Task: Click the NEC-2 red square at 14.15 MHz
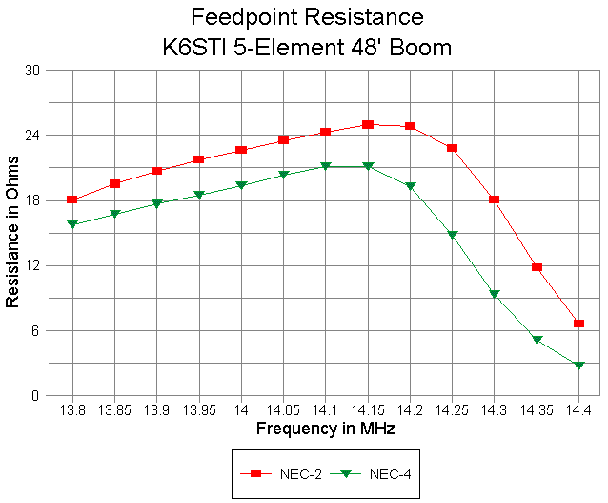click(x=368, y=124)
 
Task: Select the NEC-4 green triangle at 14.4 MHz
click(x=578, y=366)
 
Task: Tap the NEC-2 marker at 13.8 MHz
click(x=71, y=199)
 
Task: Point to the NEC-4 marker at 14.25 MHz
click(x=453, y=235)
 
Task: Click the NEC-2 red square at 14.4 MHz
click(x=578, y=324)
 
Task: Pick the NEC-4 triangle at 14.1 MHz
click(x=326, y=166)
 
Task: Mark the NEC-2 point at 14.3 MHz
click(x=495, y=199)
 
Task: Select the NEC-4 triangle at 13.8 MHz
click(x=71, y=224)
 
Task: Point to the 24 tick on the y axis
click(x=32, y=136)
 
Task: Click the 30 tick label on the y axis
click(x=32, y=71)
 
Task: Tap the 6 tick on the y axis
click(x=35, y=330)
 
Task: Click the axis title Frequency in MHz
click(x=326, y=430)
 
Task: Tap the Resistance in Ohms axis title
click(x=12, y=233)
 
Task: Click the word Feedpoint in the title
click(x=237, y=17)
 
